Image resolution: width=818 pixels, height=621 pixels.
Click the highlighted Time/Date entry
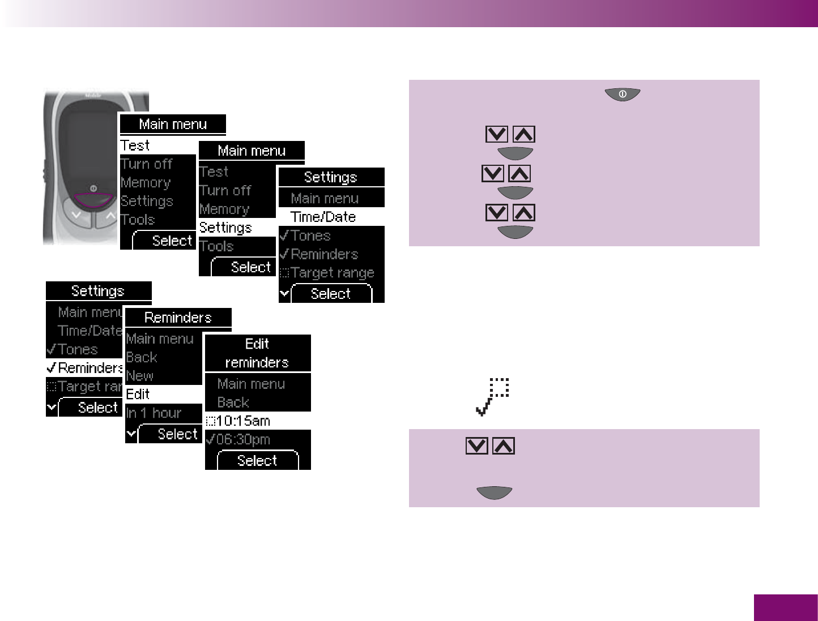(323, 217)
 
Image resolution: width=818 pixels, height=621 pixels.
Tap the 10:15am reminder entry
(243, 421)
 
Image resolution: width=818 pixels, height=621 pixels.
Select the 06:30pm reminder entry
(243, 439)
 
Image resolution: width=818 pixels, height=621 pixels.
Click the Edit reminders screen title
(257, 353)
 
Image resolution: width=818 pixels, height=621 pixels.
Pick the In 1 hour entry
(154, 413)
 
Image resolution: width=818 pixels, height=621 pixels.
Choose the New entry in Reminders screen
(140, 376)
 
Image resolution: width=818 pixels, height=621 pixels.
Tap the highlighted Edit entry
(138, 394)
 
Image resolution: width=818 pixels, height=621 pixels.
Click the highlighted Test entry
(135, 145)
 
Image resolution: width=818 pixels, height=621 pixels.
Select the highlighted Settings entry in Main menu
(225, 228)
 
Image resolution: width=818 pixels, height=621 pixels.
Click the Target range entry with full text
(332, 273)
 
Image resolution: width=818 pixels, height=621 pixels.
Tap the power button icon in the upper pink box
(623, 95)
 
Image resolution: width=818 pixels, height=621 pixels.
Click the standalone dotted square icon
(499, 387)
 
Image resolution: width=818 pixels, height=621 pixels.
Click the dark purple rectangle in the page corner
(786, 607)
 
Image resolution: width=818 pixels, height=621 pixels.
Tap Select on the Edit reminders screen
(257, 461)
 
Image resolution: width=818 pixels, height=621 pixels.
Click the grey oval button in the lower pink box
(495, 492)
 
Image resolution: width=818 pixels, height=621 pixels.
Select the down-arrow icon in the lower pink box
(476, 446)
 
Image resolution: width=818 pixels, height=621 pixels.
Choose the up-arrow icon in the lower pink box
(504, 446)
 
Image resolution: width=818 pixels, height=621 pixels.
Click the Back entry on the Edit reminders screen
(233, 402)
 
